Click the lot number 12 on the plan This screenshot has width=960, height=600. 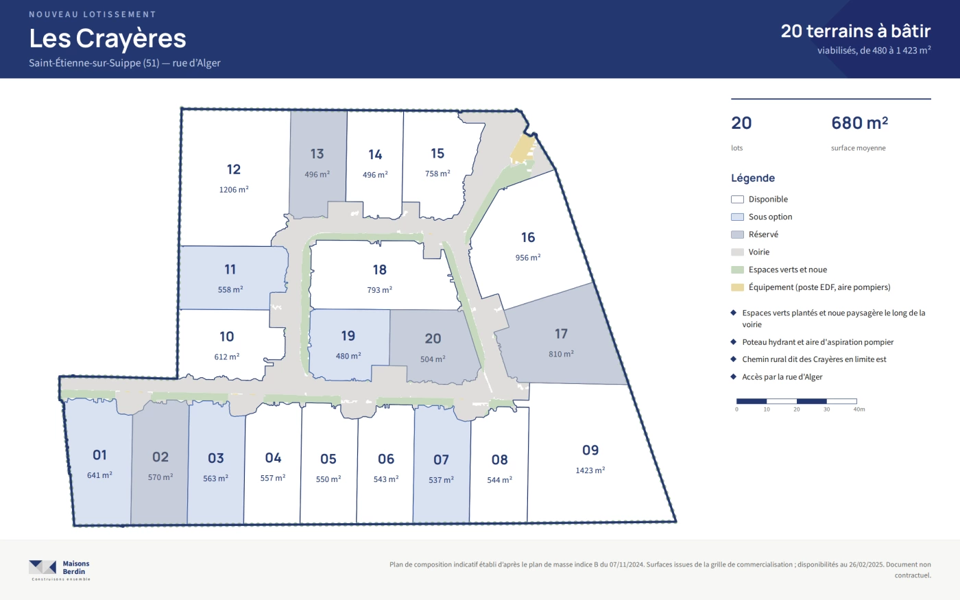pyautogui.click(x=234, y=169)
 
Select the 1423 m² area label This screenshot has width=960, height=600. pyautogui.click(x=590, y=470)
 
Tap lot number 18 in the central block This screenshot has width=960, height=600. pyautogui.click(x=380, y=269)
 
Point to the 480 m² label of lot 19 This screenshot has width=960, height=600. pyautogui.click(x=348, y=356)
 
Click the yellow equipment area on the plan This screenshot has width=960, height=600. pyautogui.click(x=523, y=149)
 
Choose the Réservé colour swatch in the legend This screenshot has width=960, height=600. pyautogui.click(x=737, y=235)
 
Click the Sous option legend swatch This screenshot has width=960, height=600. pyautogui.click(x=737, y=217)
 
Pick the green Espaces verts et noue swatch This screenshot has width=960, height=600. pyautogui.click(x=737, y=269)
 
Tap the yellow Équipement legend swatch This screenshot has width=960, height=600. pyautogui.click(x=737, y=287)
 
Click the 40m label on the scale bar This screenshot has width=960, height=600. pyautogui.click(x=859, y=409)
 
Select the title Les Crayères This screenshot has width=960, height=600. pyautogui.click(x=108, y=38)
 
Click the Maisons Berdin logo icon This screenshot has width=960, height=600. pyautogui.click(x=43, y=567)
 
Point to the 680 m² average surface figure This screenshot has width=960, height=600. pyautogui.click(x=859, y=123)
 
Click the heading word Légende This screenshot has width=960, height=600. pyautogui.click(x=753, y=178)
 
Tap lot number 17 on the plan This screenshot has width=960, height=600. pyautogui.click(x=561, y=334)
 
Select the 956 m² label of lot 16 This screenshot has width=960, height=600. pyautogui.click(x=527, y=258)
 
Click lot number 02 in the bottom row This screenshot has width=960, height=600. pyautogui.click(x=160, y=457)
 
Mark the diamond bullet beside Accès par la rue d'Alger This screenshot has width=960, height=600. pyautogui.click(x=733, y=377)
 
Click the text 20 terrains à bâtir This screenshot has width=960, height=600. pyautogui.click(x=856, y=31)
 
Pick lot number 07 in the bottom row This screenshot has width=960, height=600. pyautogui.click(x=441, y=460)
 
